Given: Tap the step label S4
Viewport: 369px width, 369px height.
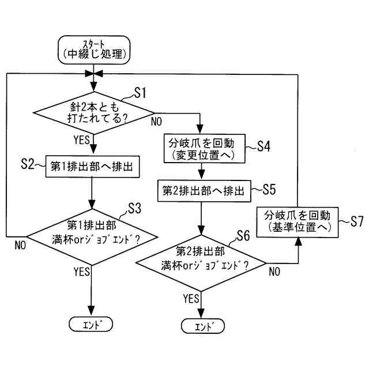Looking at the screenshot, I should click(x=263, y=146).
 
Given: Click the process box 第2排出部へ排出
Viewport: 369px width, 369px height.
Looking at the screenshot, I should click(x=201, y=190).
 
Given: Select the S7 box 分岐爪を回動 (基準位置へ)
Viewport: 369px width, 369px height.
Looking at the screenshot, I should click(x=298, y=221).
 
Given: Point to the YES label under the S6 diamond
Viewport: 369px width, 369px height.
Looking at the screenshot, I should click(x=190, y=298).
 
